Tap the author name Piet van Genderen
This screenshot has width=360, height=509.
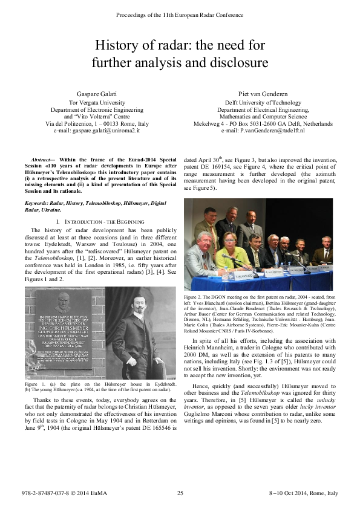coord(263,95)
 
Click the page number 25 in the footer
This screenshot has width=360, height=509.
coord(180,493)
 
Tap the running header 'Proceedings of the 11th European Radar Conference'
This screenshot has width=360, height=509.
coord(180,13)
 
